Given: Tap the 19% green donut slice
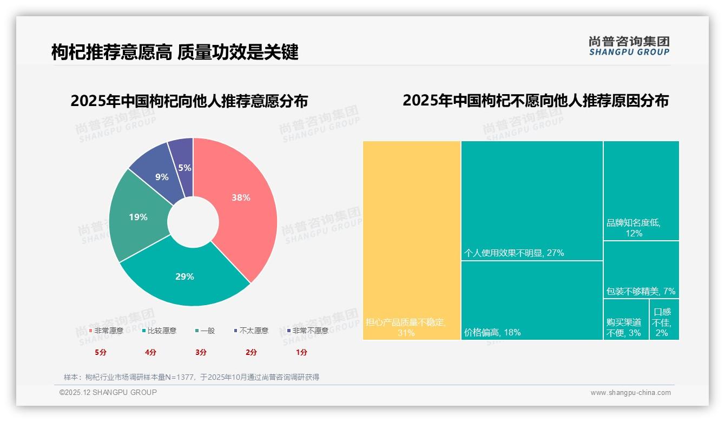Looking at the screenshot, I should coord(137,217).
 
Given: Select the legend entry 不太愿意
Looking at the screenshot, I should coord(253,331).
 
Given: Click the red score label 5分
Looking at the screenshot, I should coord(101,352).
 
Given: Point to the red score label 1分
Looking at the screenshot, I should coord(301,352).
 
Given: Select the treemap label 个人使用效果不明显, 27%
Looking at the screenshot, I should coord(514,253).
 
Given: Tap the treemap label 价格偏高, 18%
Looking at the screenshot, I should coord(492,332).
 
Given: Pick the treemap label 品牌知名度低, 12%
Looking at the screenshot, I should coord(633,228).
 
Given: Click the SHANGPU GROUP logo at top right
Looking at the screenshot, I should coord(629,46).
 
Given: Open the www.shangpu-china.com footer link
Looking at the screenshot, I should coord(630,393).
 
